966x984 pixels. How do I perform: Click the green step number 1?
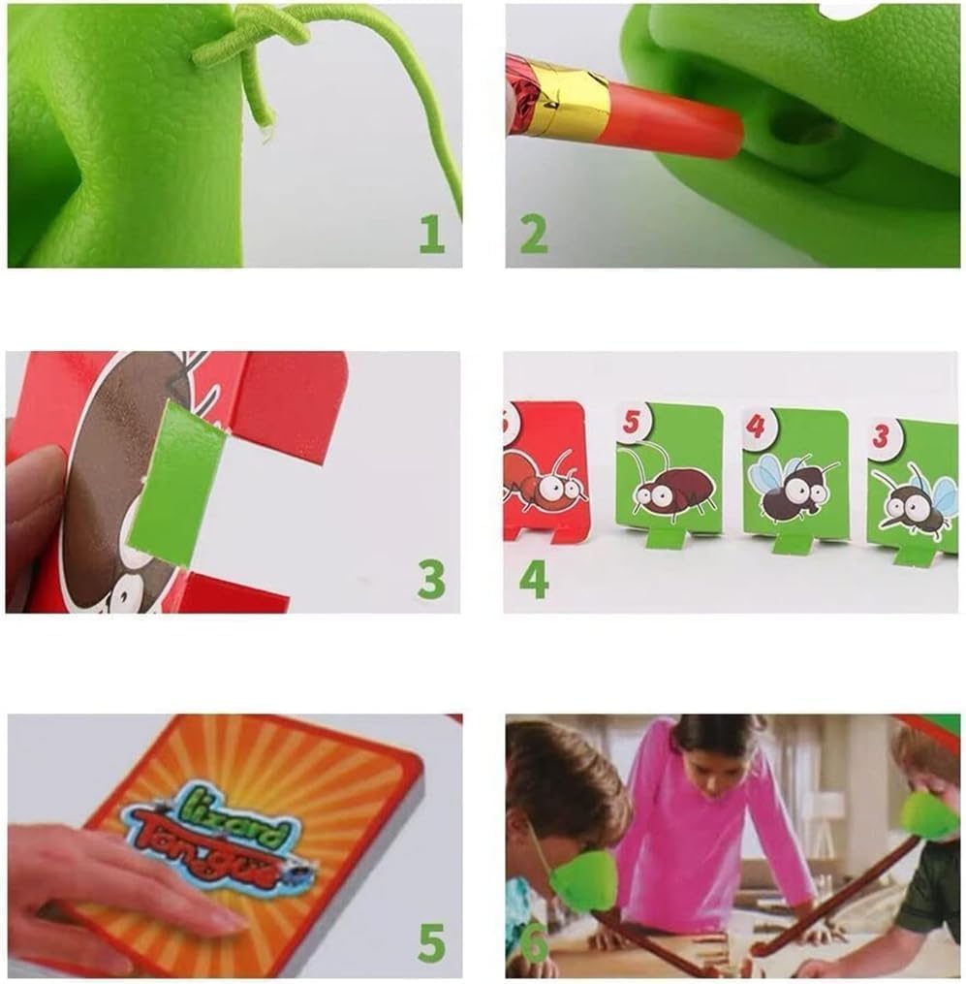[x=432, y=234]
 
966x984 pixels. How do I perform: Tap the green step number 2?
[x=533, y=234]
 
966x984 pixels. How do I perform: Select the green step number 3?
[x=431, y=579]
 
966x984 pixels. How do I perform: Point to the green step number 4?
[x=533, y=579]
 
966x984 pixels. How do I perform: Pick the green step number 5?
[x=431, y=942]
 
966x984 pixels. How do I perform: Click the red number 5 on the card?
[x=633, y=423]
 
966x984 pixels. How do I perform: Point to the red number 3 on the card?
[x=881, y=436]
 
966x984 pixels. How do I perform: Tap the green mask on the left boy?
[x=580, y=877]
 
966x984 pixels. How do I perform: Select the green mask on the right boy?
[x=927, y=815]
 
